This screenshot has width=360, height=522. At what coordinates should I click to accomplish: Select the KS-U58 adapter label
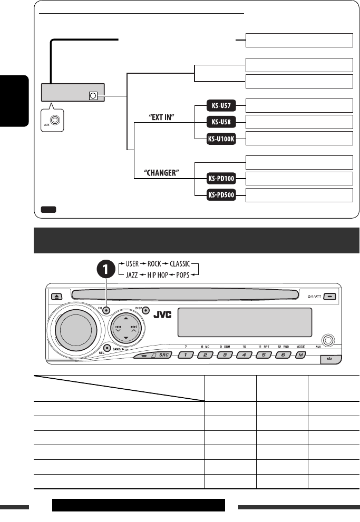pos(220,123)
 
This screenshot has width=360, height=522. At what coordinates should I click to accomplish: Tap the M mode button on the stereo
pos(300,354)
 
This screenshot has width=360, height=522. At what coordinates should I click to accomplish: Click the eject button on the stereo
pos(59,296)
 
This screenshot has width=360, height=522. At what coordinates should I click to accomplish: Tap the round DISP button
pos(145,311)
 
